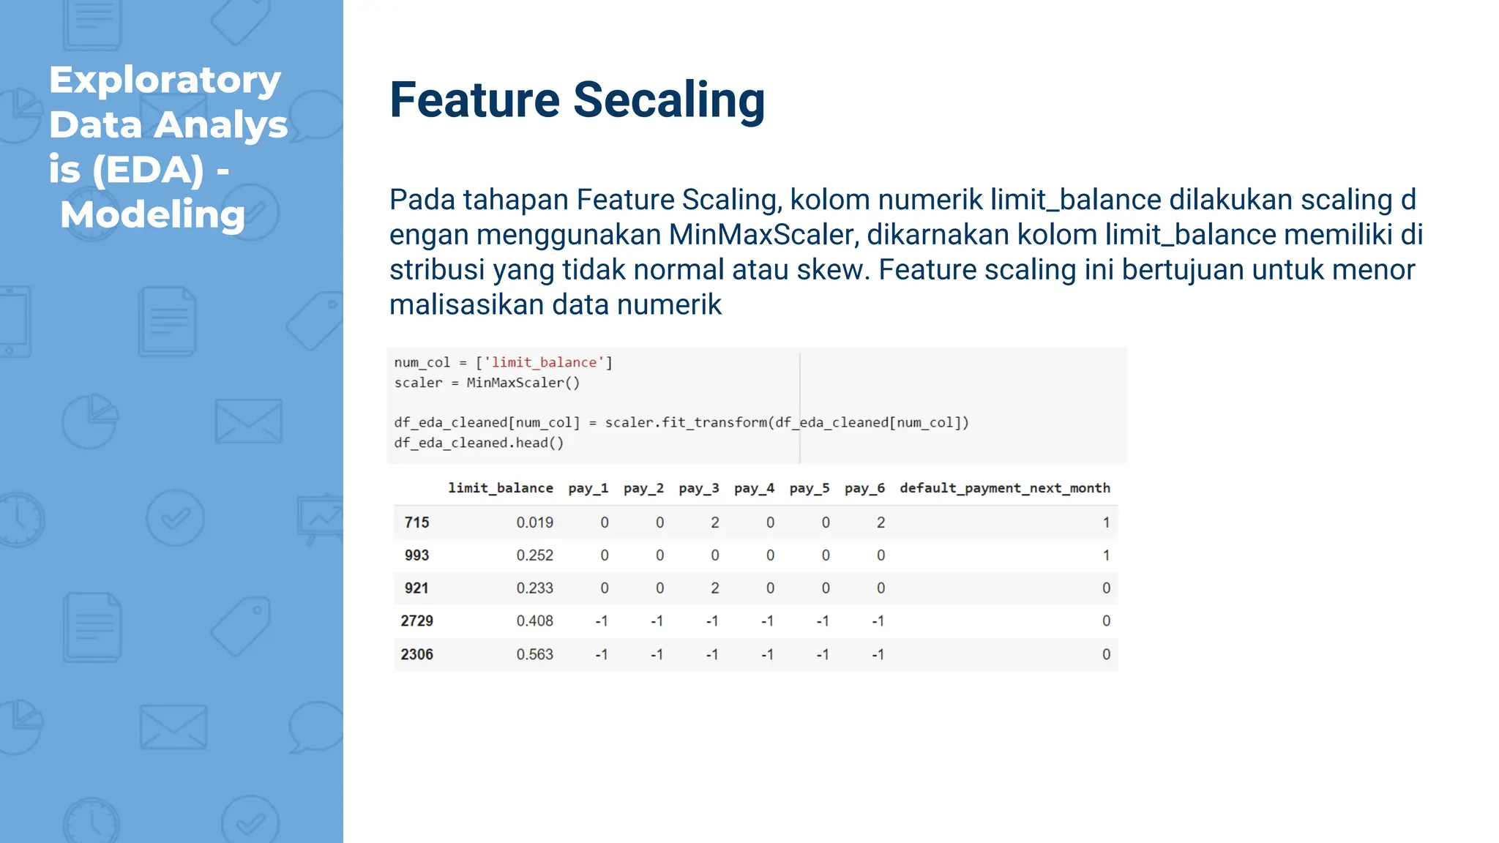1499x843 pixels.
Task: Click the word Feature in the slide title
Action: pos(474,100)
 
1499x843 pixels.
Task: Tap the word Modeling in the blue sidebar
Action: pos(152,214)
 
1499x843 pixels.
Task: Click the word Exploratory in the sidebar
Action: pos(165,80)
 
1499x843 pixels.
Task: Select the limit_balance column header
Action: pos(500,488)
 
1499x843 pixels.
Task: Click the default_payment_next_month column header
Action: pos(1004,488)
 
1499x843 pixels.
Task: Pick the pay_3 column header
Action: pos(698,488)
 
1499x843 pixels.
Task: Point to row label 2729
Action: pos(416,621)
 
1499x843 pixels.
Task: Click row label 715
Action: pos(416,522)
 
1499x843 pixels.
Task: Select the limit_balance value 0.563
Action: pos(534,654)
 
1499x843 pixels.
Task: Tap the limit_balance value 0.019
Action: pos(534,522)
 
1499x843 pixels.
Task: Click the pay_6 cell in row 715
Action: pos(881,522)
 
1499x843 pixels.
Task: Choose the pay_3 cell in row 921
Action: pos(714,588)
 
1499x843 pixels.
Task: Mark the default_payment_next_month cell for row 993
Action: pos(1105,555)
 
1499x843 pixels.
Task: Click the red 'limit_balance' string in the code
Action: pos(544,362)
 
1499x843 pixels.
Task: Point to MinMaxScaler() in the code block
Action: pos(523,383)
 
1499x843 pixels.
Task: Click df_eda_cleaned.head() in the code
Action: pos(479,443)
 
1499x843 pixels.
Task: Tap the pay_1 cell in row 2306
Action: pos(601,654)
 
